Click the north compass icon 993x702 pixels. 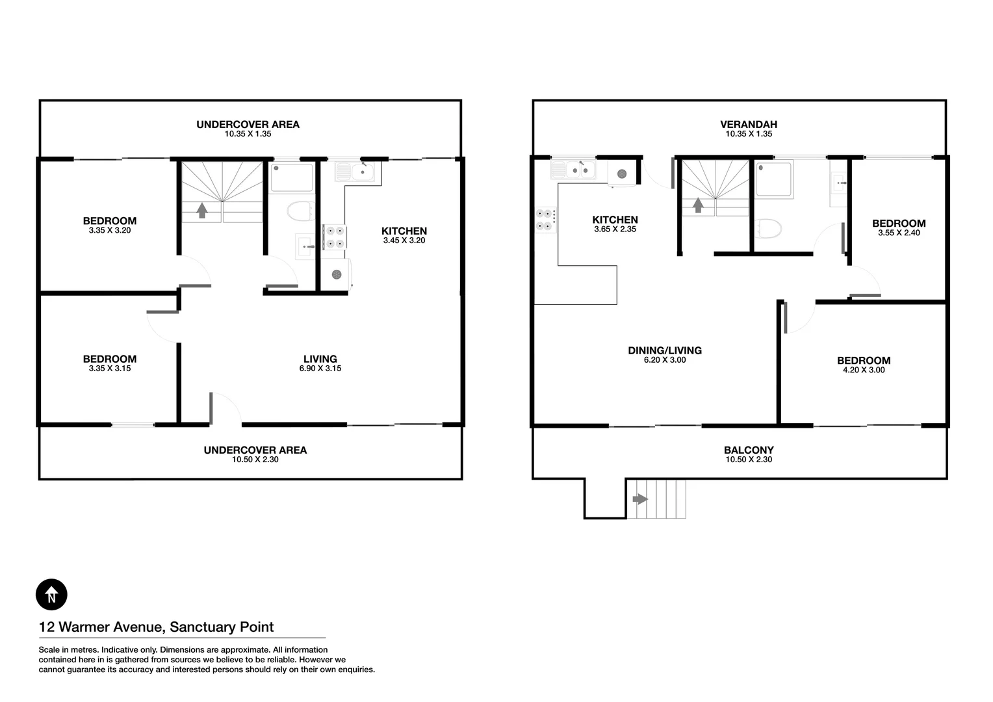[51, 594]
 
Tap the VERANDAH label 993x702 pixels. [748, 124]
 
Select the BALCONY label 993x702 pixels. [749, 450]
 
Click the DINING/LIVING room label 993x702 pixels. [664, 350]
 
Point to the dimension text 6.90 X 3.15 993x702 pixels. [320, 369]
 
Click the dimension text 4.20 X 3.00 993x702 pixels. [863, 370]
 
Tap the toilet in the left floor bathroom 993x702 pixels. [300, 212]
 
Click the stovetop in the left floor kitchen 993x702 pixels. [334, 237]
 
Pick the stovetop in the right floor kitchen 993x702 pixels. [545, 220]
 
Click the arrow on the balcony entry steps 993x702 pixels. [640, 499]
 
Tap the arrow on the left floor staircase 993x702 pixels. [201, 210]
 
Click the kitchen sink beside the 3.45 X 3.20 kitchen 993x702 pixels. [355, 172]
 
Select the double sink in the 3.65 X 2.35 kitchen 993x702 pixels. [573, 170]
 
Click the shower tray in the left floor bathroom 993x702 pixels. [291, 177]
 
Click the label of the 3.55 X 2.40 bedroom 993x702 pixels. [898, 224]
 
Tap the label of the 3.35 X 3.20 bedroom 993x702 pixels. [109, 221]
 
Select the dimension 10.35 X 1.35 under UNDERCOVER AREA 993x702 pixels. [248, 134]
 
